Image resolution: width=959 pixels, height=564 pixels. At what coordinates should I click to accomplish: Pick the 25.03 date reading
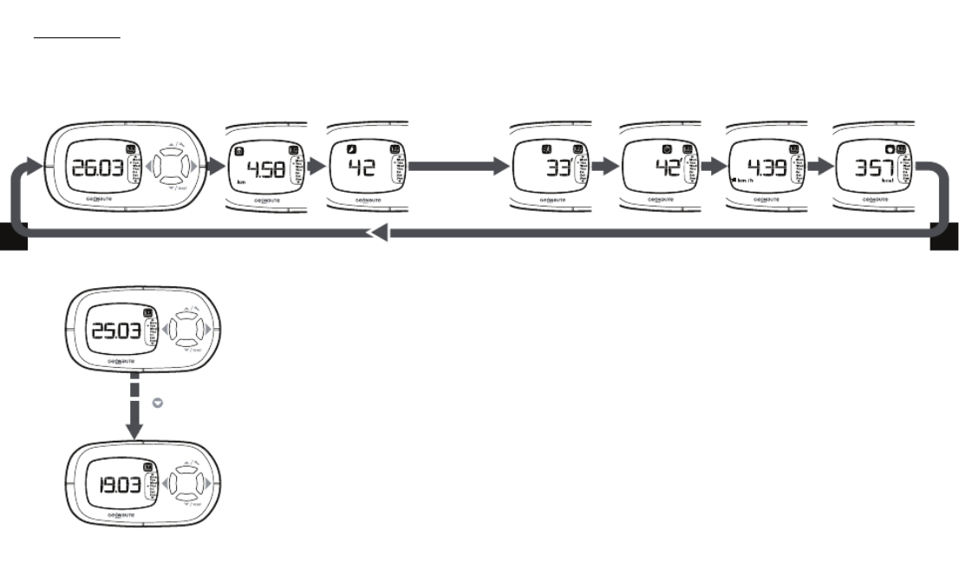111,331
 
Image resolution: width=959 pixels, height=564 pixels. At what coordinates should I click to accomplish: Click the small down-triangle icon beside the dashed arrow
158,404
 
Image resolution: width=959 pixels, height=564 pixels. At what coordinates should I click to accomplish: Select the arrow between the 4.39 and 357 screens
817,165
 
